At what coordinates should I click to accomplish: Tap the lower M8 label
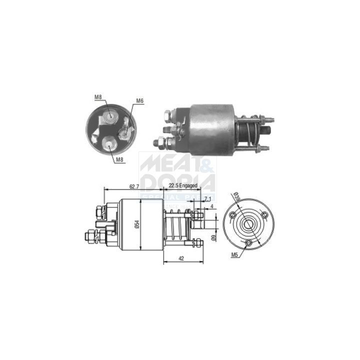tap(119, 159)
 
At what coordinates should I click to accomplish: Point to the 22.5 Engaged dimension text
tap(182, 185)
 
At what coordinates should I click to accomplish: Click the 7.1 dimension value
tap(207, 199)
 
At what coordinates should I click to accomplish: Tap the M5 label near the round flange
tap(234, 254)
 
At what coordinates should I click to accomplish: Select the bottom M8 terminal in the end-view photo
tap(109, 144)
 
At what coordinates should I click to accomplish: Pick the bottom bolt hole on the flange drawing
tap(249, 242)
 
